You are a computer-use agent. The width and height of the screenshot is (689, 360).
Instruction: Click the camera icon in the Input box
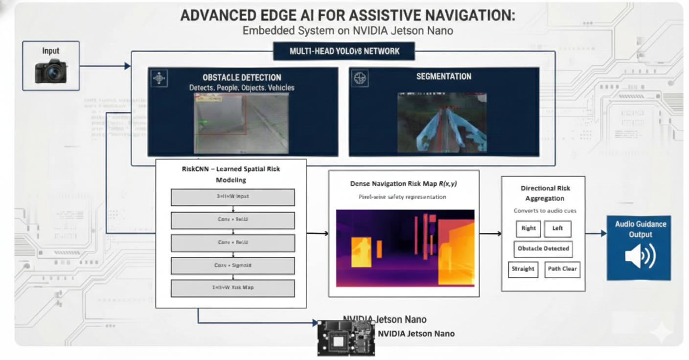(51, 71)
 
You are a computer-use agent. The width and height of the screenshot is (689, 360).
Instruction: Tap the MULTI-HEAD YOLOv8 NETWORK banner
(344, 51)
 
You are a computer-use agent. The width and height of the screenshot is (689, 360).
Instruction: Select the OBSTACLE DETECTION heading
(242, 77)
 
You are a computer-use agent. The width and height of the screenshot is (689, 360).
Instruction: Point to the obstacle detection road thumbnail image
(241, 122)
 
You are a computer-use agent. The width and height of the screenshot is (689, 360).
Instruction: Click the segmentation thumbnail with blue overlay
(442, 122)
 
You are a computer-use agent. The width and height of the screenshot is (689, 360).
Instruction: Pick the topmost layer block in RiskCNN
(232, 197)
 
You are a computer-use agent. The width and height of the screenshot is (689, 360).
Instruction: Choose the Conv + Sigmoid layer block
(232, 265)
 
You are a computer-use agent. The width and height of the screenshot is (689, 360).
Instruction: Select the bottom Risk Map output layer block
(232, 288)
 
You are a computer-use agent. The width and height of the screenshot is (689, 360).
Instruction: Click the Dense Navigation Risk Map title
(404, 184)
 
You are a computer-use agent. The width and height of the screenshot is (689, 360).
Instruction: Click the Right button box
(528, 228)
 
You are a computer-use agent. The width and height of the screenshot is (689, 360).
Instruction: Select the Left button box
(557, 228)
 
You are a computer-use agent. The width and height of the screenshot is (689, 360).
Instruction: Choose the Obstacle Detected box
(543, 248)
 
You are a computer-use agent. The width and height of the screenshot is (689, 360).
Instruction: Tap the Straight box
(523, 269)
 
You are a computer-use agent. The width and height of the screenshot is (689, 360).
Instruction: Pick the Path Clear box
(562, 269)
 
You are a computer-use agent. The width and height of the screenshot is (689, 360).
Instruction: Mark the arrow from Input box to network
(105, 66)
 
